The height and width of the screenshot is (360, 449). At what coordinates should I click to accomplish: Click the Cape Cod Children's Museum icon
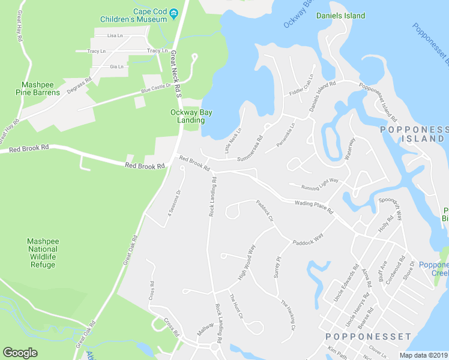[x=174, y=13]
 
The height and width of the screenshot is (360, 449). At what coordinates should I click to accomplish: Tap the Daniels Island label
[x=340, y=16]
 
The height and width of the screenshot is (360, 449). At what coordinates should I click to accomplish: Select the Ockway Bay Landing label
[x=191, y=116]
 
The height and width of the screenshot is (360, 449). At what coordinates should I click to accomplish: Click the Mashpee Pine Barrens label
[x=41, y=88]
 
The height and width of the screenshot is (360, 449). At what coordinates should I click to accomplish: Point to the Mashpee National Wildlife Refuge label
[x=42, y=253]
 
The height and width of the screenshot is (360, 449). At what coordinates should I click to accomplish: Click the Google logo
[x=20, y=353]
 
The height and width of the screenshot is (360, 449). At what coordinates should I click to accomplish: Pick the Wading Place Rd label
[x=313, y=207]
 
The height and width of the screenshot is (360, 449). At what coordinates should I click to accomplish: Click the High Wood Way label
[x=247, y=262]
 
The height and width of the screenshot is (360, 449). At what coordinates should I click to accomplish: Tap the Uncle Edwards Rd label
[x=346, y=283]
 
